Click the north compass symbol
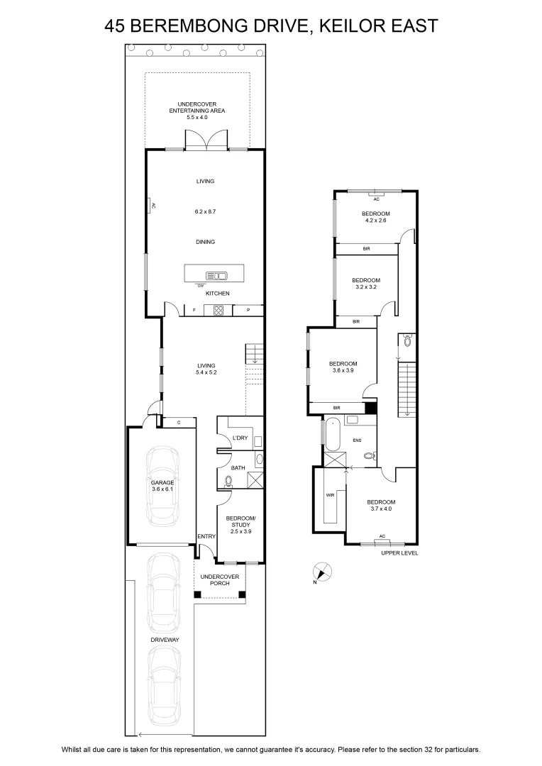point(322,572)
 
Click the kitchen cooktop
point(218,310)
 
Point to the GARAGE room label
point(162,483)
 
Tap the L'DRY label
point(240,438)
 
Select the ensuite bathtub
point(333,434)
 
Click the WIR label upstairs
point(330,495)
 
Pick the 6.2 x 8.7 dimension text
point(205,211)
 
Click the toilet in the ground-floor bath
point(228,482)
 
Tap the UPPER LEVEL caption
point(399,553)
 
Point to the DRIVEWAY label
point(165,640)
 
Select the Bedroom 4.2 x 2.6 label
point(376,217)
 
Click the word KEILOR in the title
point(348,26)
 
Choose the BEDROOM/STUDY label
point(241,521)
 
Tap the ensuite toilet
point(370,455)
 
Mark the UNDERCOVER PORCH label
point(220,580)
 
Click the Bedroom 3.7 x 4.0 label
point(381,505)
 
